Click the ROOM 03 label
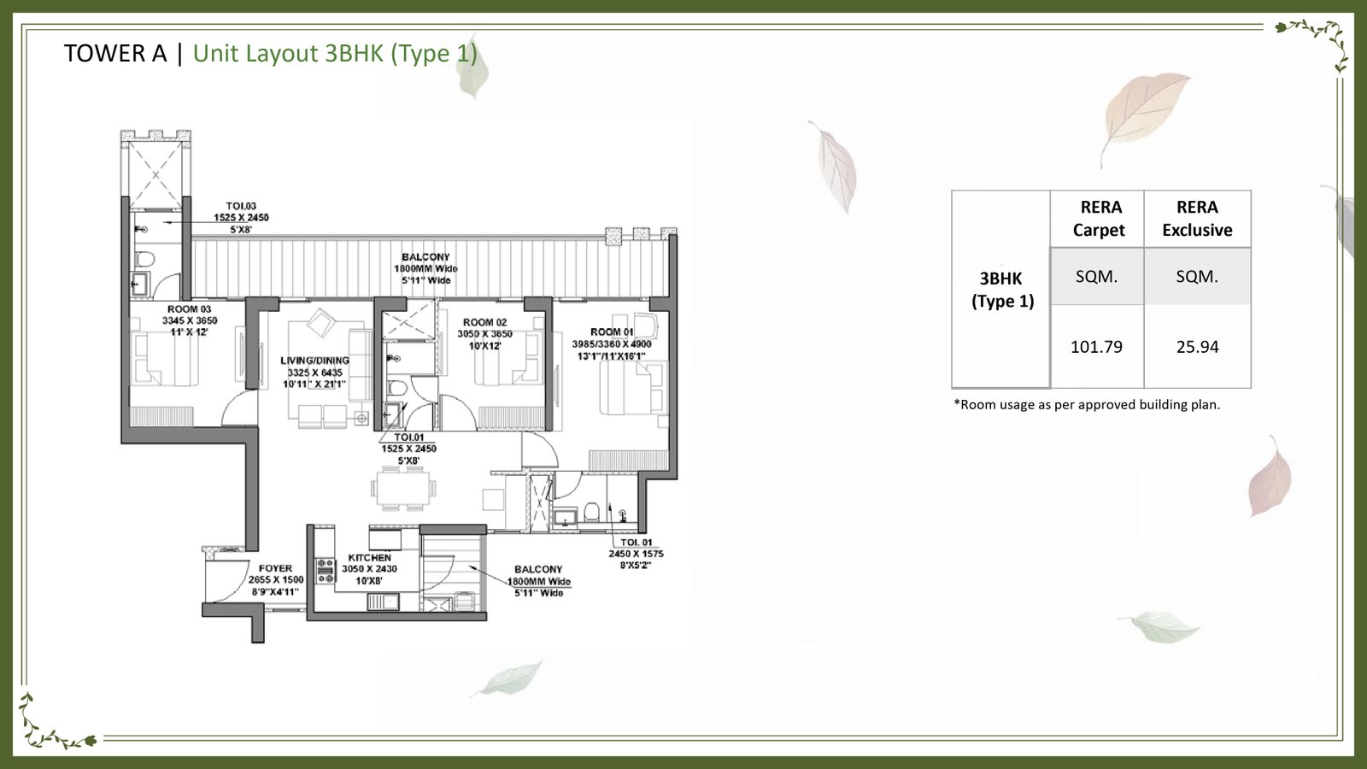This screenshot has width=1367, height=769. tap(189, 309)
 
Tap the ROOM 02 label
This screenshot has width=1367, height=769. tap(484, 323)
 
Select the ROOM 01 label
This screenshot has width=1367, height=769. tap(612, 332)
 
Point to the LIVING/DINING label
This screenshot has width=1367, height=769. tap(314, 361)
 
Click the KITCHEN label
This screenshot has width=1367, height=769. tap(370, 557)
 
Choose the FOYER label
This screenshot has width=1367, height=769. tap(275, 568)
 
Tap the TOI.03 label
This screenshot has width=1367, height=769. tap(241, 206)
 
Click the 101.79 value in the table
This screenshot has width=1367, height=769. tap(1096, 347)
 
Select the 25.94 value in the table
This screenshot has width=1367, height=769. tap(1197, 347)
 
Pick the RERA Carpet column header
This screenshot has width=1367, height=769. tap(1099, 219)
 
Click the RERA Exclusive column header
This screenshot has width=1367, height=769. tap(1197, 219)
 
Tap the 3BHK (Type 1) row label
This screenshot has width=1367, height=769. tap(1001, 290)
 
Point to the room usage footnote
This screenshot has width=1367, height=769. tap(1087, 405)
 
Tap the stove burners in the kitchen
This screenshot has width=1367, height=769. tap(326, 571)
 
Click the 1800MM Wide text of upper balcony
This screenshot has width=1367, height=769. tap(425, 268)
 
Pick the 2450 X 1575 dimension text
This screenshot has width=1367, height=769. tap(636, 554)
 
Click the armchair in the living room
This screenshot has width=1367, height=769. tap(322, 323)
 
